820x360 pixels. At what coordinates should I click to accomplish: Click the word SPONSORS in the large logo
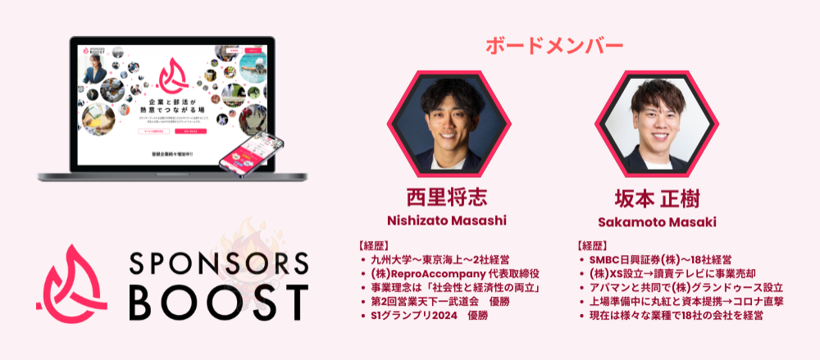219,262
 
